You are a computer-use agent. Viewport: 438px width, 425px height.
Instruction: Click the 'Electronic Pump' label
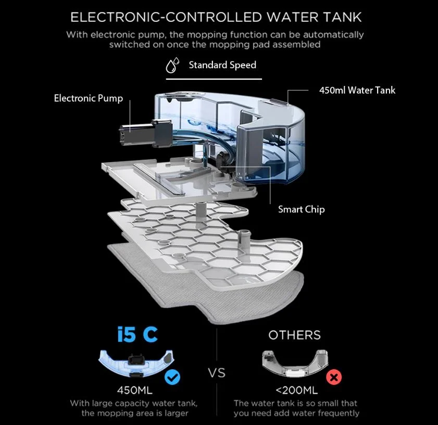[89, 98]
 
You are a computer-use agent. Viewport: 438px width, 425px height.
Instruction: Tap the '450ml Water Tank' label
[357, 90]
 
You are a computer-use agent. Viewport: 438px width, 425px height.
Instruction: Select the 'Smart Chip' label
[301, 209]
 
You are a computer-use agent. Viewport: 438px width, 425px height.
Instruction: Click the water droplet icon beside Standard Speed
[172, 66]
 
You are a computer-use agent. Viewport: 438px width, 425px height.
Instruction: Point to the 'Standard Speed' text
[222, 65]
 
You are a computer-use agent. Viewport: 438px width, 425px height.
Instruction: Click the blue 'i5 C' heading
[137, 334]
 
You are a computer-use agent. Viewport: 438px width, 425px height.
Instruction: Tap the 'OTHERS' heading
[294, 335]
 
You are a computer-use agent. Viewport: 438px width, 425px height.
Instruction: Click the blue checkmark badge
[172, 377]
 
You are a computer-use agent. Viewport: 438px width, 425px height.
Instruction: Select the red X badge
[333, 377]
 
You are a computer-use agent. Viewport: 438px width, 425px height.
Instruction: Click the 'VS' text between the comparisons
[217, 373]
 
